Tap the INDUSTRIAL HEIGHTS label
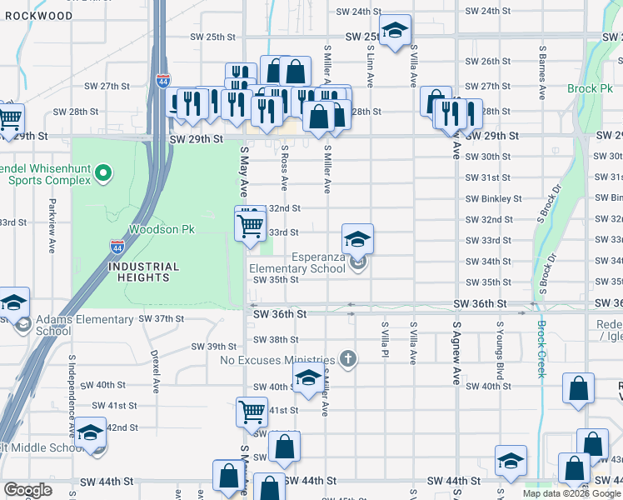point(143,272)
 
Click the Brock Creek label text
point(541,349)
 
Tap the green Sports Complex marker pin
point(103,173)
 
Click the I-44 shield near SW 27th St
point(162,82)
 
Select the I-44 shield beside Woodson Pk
point(117,247)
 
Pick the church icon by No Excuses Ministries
point(348,359)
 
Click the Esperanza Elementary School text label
point(297,262)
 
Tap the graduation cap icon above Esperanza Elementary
point(357,239)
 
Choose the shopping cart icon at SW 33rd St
point(251,224)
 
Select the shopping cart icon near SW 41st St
point(251,411)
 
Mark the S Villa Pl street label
point(385,343)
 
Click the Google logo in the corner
point(27,489)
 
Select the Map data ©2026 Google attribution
point(571,493)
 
